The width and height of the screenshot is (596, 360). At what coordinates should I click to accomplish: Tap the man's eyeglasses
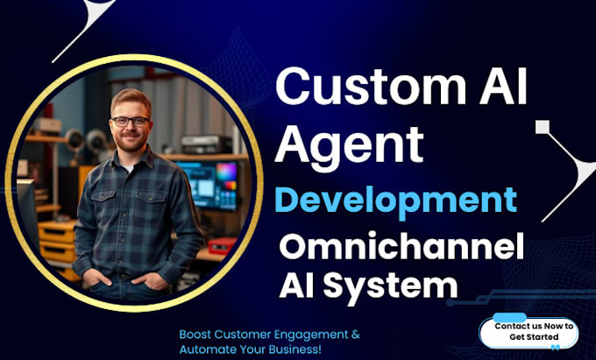(131, 122)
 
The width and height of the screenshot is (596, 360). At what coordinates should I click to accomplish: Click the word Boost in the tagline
(195, 335)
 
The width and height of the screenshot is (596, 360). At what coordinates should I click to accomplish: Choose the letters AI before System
(300, 284)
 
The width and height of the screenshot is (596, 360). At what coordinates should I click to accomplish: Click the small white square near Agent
(543, 127)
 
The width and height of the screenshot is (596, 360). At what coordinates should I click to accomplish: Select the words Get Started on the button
(534, 337)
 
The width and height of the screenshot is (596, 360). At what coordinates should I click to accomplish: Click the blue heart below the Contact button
(555, 348)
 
